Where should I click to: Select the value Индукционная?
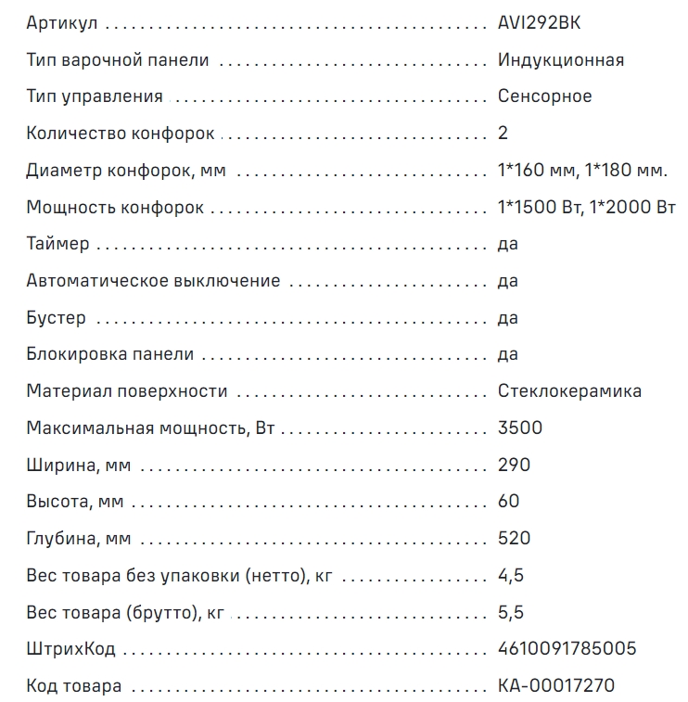[x=560, y=60]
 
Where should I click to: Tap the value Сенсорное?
[x=544, y=96]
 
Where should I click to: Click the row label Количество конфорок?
[x=121, y=134]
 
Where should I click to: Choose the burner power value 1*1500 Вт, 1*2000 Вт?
[x=586, y=207]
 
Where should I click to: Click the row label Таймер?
[x=58, y=244]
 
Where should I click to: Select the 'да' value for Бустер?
[x=507, y=318]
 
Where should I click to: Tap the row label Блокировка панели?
[x=110, y=354]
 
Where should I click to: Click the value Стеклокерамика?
[x=569, y=391]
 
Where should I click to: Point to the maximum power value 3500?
[x=519, y=428]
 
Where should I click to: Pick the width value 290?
[x=514, y=465]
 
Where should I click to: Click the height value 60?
[x=508, y=502]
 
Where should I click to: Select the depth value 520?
[x=514, y=539]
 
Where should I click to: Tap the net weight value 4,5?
[x=511, y=575]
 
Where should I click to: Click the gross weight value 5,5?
[x=511, y=612]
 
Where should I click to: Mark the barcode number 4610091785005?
[x=567, y=649]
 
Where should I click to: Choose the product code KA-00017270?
[x=555, y=686]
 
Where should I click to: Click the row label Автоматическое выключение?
[x=153, y=281]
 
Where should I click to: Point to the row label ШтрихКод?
[x=70, y=649]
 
